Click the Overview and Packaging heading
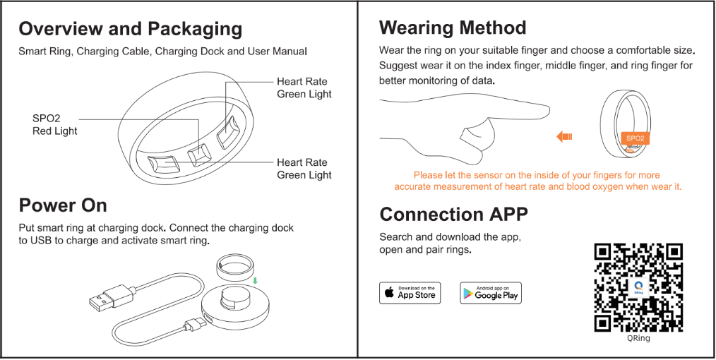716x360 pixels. (x=131, y=29)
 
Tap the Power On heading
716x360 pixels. (x=63, y=205)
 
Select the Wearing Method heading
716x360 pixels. (x=453, y=28)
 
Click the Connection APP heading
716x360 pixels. (x=453, y=214)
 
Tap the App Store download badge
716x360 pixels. (x=410, y=293)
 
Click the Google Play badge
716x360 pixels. (x=490, y=293)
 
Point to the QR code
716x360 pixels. (x=638, y=287)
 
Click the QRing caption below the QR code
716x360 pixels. (x=638, y=338)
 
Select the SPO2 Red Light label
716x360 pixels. (x=54, y=125)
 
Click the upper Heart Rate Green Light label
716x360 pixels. (x=304, y=88)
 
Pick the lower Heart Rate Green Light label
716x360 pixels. (x=304, y=169)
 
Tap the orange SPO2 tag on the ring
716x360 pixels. (x=634, y=138)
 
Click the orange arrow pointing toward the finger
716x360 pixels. (x=563, y=136)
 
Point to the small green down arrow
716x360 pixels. (x=256, y=280)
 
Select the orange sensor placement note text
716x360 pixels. (x=537, y=181)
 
